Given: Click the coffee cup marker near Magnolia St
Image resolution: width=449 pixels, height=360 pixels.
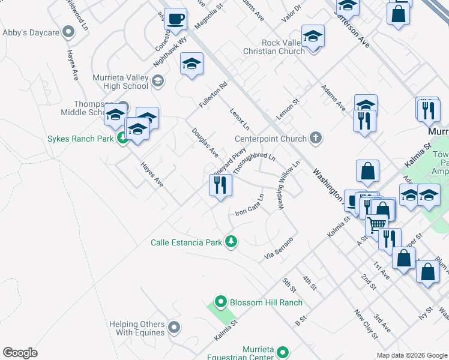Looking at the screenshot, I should [x=175, y=19].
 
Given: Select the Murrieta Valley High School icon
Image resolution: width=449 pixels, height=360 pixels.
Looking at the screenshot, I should [x=158, y=81].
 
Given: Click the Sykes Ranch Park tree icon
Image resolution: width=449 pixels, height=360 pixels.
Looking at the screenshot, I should [x=122, y=139].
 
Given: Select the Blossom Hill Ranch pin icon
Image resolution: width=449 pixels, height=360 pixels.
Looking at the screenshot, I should [x=220, y=302].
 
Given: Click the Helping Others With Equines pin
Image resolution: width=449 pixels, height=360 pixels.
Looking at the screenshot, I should [x=174, y=328].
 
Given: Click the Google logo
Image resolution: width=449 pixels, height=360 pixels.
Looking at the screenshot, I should [x=20, y=353].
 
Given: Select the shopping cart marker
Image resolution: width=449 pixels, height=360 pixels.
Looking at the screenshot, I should [x=376, y=224].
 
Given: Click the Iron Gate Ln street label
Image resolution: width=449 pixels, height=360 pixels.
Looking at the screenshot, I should [x=250, y=205].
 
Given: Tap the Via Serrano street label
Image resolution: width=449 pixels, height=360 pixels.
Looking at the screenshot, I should [x=279, y=248].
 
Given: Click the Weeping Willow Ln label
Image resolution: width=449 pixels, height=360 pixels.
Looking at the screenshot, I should [x=289, y=185].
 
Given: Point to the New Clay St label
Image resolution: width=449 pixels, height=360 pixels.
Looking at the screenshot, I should [x=365, y=325].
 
